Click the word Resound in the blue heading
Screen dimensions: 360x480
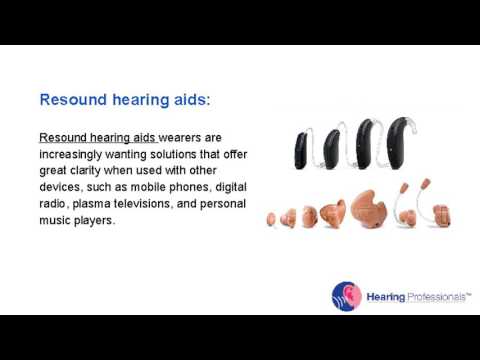72,100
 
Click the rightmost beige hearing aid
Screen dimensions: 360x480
441,214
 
